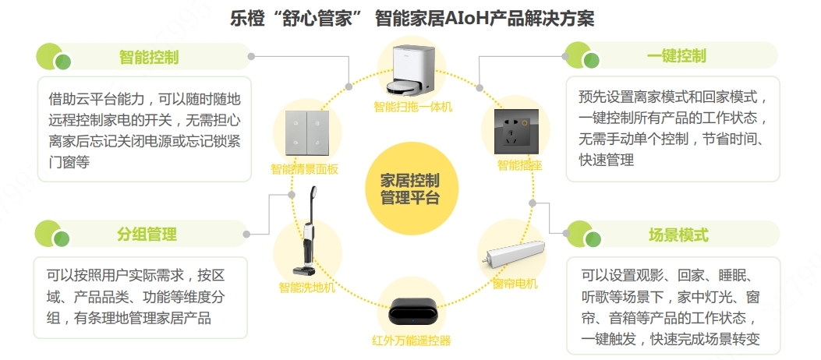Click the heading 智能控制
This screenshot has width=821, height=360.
(148, 57)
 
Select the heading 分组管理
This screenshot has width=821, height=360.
(147, 234)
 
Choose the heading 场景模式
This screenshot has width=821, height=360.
(678, 235)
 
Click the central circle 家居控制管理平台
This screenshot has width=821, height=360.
(410, 188)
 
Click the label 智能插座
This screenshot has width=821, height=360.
(520, 164)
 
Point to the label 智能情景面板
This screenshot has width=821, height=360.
(304, 168)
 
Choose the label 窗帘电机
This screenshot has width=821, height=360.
(515, 284)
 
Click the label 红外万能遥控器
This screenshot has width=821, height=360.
(411, 340)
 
